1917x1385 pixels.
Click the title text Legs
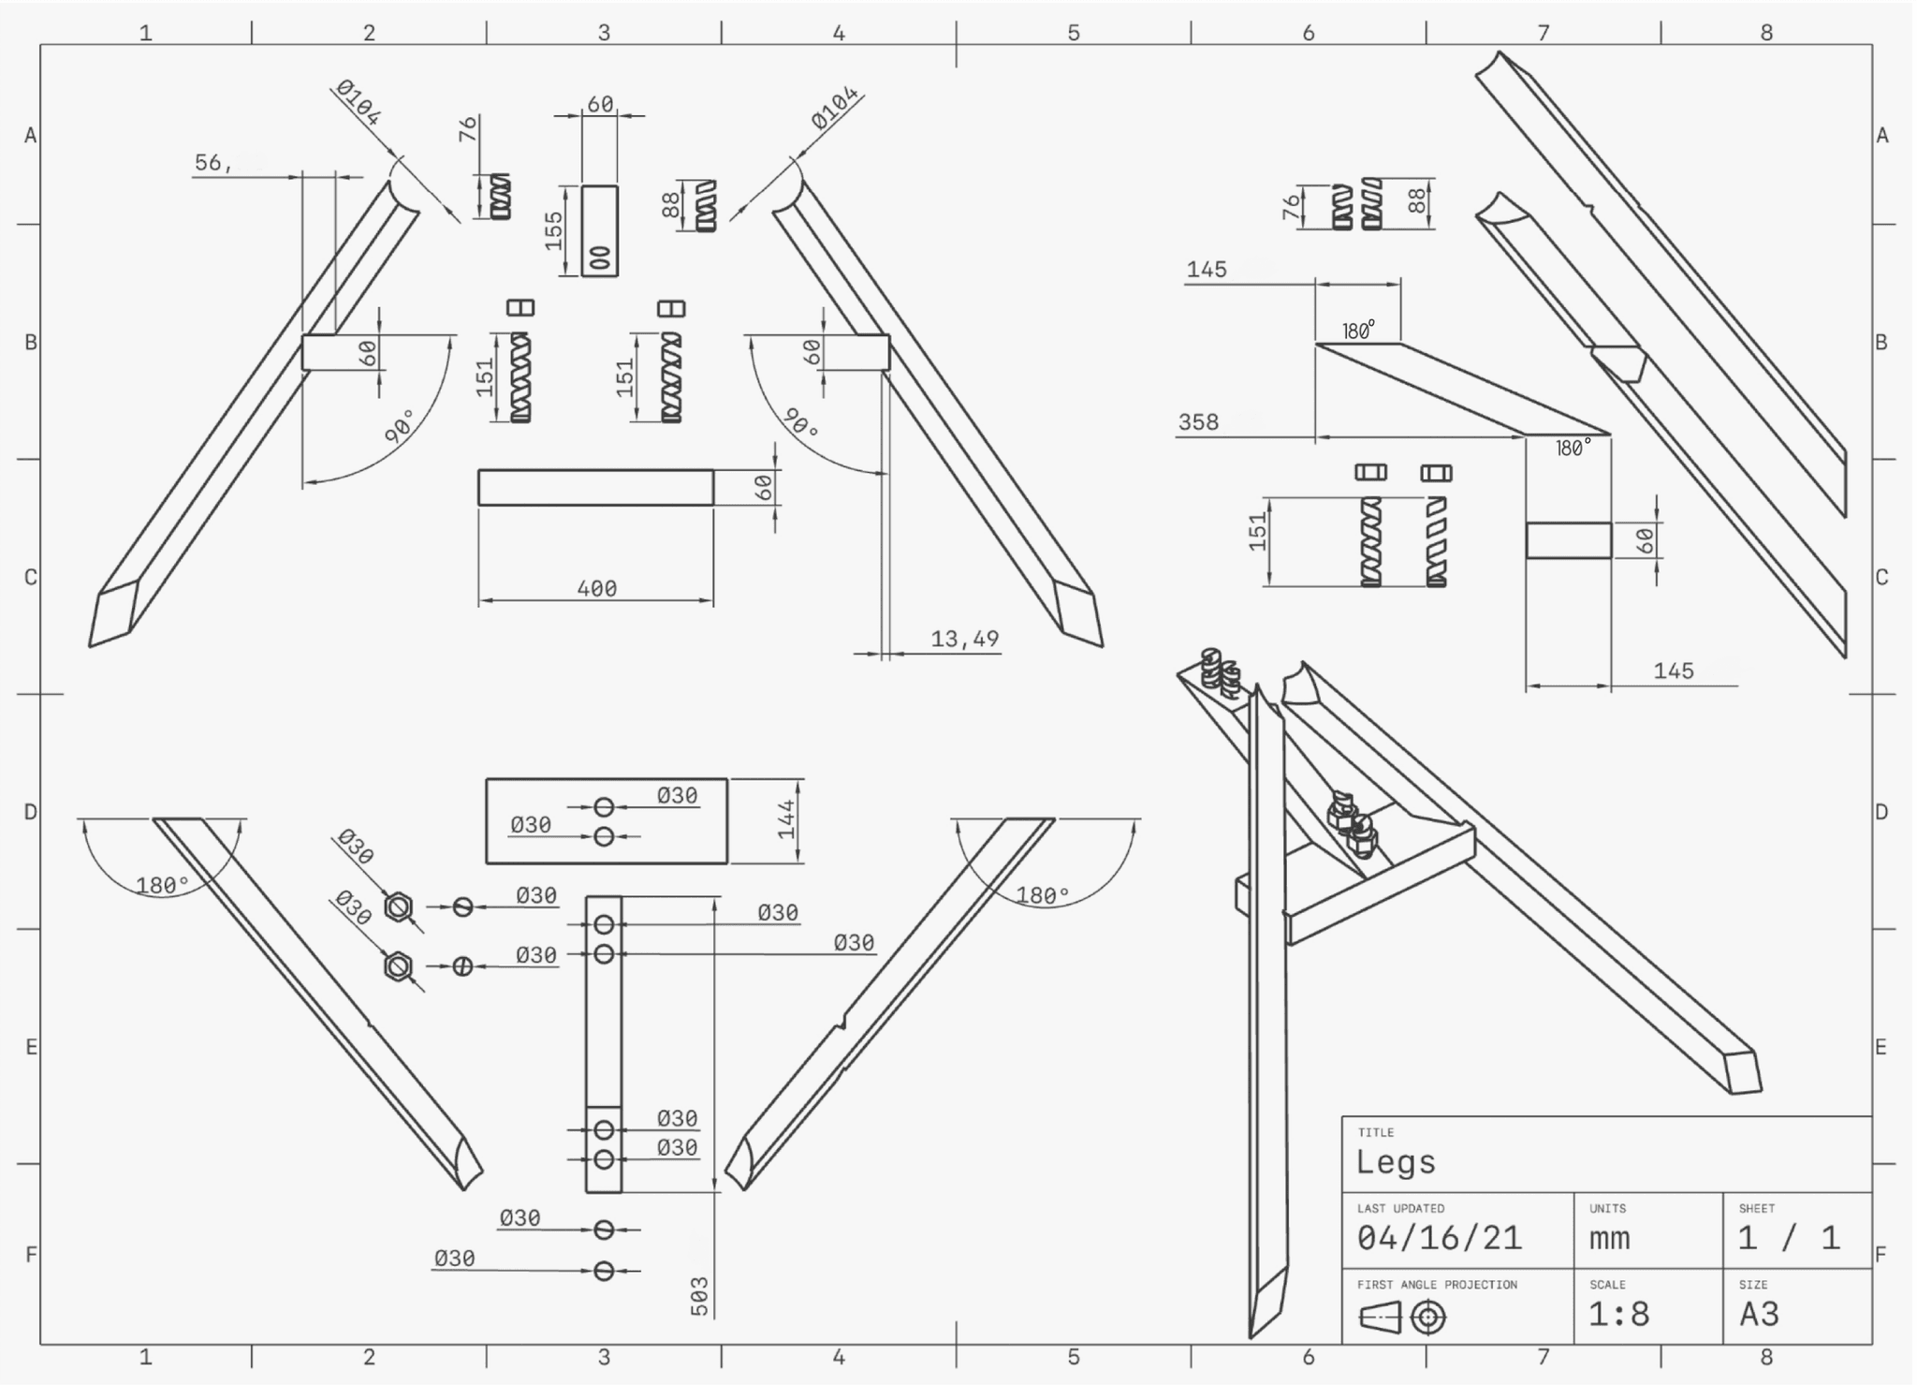(x=1396, y=1162)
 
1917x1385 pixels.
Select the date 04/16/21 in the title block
(x=1439, y=1238)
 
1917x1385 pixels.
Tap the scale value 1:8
(x=1618, y=1314)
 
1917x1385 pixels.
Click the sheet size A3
(x=1759, y=1314)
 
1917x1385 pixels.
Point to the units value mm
(x=1609, y=1238)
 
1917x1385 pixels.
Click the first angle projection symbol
(x=1402, y=1318)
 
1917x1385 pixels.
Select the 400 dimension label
(x=597, y=588)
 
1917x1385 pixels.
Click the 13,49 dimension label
(x=964, y=639)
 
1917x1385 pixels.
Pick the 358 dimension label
(x=1198, y=422)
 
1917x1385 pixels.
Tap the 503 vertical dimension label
(x=700, y=1296)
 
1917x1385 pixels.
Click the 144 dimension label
(x=786, y=818)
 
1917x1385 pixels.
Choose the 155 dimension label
(x=554, y=230)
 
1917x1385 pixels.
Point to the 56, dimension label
(x=213, y=163)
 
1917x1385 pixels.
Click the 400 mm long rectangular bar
(x=595, y=488)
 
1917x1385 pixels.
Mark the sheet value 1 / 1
(x=1789, y=1238)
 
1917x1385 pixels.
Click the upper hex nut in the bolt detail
(x=399, y=906)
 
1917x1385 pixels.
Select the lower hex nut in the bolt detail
(x=399, y=965)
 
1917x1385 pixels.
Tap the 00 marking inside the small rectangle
(x=600, y=258)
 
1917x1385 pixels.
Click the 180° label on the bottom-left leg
(x=163, y=885)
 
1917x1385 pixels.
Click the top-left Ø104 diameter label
(x=359, y=103)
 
